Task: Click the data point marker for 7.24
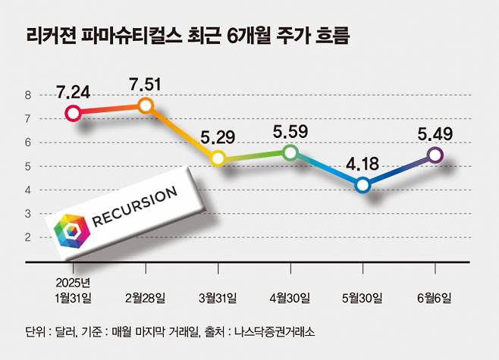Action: coord(73,114)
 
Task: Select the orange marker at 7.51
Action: coord(146,105)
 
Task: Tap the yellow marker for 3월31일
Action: coord(218,158)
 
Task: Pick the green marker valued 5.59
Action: coord(290,152)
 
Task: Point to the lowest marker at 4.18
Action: coord(362,185)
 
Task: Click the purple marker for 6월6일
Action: coord(435,155)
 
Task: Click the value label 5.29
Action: coord(218,138)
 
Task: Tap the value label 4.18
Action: coord(363,164)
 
